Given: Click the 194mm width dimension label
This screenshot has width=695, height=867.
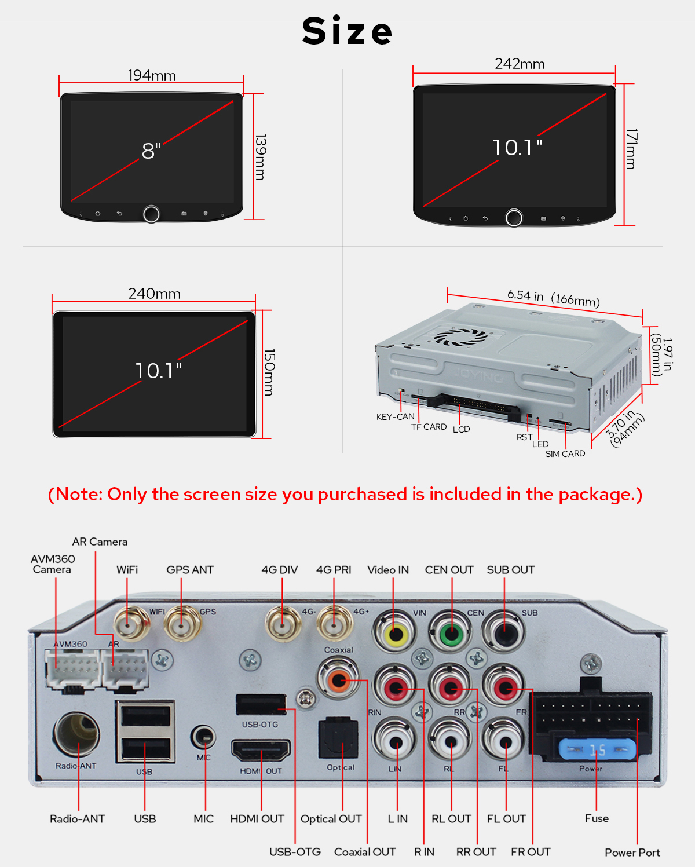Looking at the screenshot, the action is pos(152,75).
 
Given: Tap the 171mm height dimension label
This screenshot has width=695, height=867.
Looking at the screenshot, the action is pos(631,149).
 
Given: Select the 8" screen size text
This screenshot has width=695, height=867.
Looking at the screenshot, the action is pos(151,151).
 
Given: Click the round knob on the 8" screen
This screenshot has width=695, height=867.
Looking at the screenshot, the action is pos(151,214).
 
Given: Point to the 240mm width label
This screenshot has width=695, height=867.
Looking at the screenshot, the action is pos(154,294).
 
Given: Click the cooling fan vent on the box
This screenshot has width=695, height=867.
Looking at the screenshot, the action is pos(460,336).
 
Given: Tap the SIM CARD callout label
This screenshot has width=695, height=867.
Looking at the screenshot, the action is pos(565,453).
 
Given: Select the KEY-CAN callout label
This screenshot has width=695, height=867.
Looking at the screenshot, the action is pos(395,416).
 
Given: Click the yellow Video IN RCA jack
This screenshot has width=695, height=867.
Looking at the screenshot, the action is pos(395,634).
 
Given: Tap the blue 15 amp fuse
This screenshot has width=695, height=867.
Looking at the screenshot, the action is pos(597,750).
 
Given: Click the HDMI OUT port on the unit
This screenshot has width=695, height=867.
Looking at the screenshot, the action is pos(261,750).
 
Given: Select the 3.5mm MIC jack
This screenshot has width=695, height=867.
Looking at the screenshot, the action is pos(203,737).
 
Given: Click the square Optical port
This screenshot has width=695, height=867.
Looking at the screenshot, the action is pos(338,738).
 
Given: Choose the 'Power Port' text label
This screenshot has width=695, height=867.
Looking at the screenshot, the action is pos(632,853).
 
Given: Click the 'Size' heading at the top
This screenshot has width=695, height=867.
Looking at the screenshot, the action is pos(348,31).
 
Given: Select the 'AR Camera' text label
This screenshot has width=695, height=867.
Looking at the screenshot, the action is pos(100,542).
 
